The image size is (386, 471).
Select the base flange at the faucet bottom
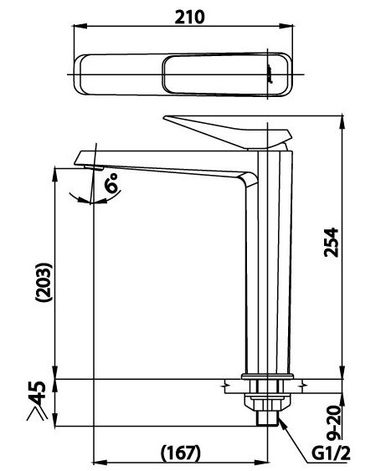268,376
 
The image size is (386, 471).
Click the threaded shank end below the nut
268,417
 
